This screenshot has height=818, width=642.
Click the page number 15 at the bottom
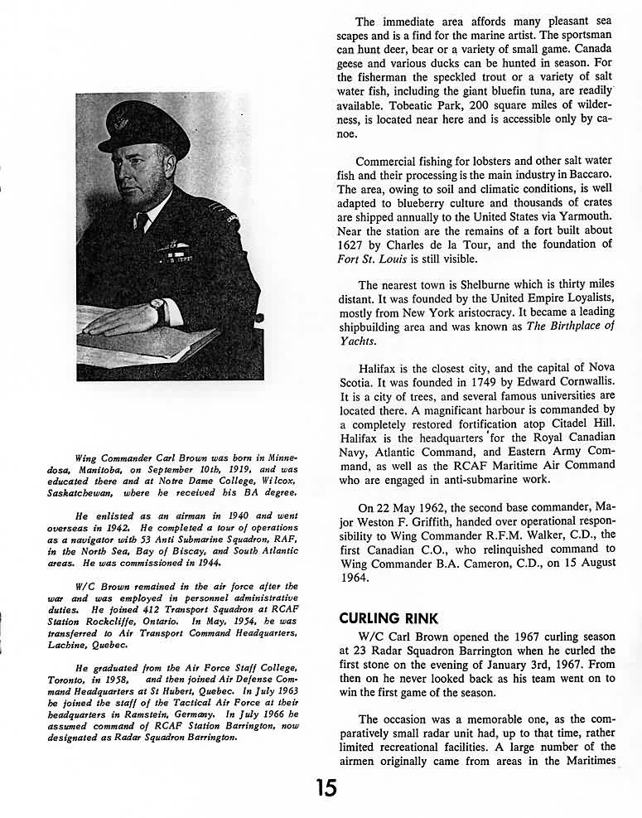click(x=326, y=787)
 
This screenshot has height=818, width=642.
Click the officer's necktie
click(x=142, y=222)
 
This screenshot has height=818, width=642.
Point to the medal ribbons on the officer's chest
click(x=173, y=248)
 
